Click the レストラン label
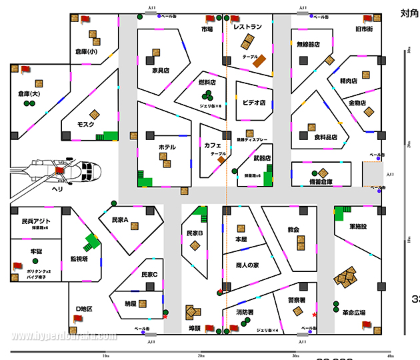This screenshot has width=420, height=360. (247, 27)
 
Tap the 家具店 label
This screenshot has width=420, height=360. (161, 70)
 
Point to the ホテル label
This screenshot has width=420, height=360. (167, 147)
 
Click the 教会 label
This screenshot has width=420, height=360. (293, 229)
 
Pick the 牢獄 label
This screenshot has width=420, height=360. (36, 251)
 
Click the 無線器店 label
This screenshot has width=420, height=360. (308, 44)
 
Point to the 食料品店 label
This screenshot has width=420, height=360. (326, 137)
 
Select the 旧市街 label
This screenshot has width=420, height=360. (365, 29)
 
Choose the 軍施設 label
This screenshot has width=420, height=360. (363, 226)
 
